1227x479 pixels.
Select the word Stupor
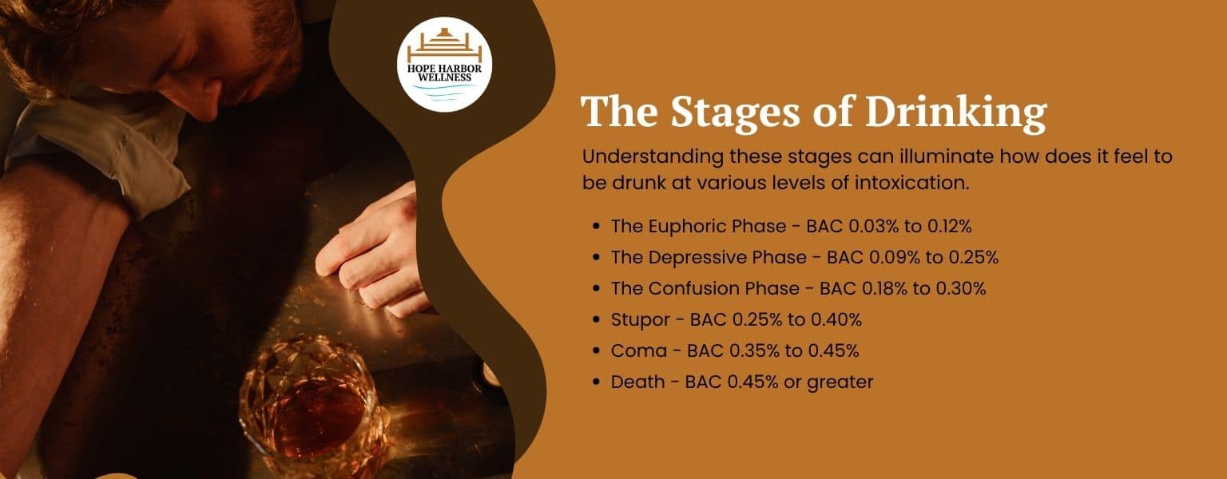point(640,319)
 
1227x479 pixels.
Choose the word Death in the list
point(637,382)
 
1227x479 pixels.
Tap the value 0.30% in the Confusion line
point(963,288)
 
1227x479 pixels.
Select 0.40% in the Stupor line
point(839,319)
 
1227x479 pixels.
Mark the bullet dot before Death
point(596,382)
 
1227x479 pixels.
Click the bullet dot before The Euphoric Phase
point(596,227)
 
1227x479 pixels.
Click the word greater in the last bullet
point(840,382)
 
